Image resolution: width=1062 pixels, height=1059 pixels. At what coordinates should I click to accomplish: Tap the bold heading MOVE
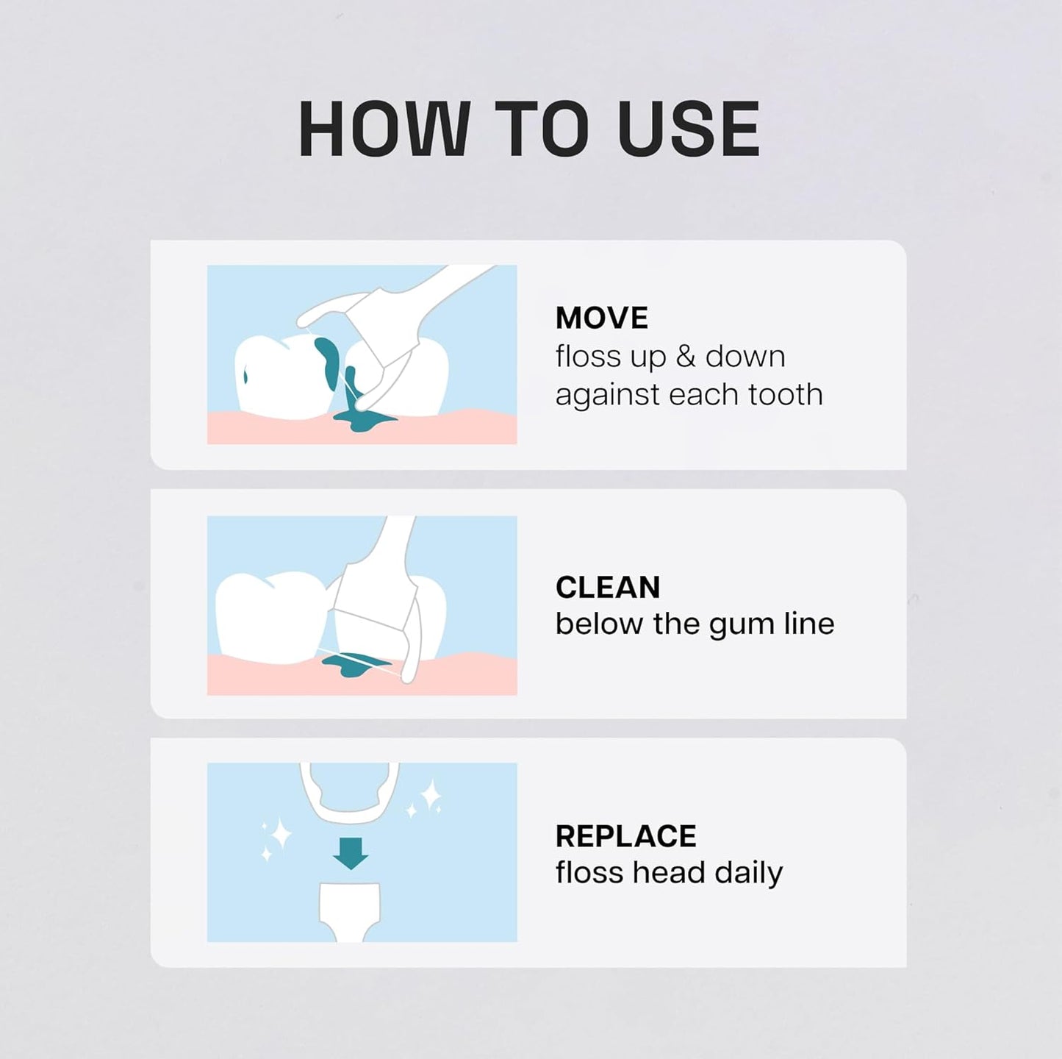pyautogui.click(x=602, y=318)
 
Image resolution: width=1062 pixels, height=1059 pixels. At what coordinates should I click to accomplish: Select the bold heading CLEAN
pyautogui.click(x=608, y=587)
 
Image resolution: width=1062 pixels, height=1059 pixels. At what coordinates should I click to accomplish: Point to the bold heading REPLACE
pyautogui.click(x=625, y=835)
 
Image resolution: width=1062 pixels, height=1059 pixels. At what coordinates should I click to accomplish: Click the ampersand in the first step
pyautogui.click(x=685, y=357)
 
